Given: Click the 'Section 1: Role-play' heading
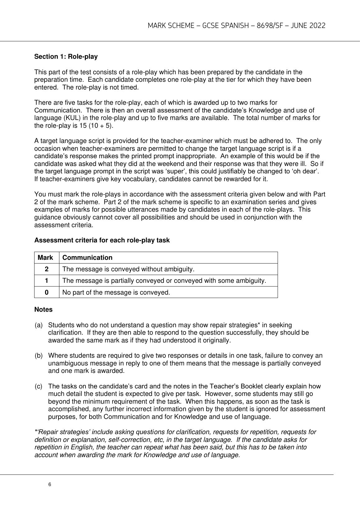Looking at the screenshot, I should (x=66, y=57).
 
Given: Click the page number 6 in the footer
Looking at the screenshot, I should (x=50, y=484).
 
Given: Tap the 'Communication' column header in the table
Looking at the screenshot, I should (x=87, y=258).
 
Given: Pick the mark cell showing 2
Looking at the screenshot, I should (x=47, y=269).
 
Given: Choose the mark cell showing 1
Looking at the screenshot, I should (x=47, y=281).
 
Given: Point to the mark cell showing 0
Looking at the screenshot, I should (x=47, y=292).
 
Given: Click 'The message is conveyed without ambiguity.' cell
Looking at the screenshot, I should (x=128, y=269).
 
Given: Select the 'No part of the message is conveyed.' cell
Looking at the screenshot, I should (x=116, y=292).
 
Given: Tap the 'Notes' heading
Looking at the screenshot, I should (x=43, y=310).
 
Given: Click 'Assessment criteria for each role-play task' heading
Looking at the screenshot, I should (x=102, y=240).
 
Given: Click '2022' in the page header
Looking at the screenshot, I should (x=317, y=26).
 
